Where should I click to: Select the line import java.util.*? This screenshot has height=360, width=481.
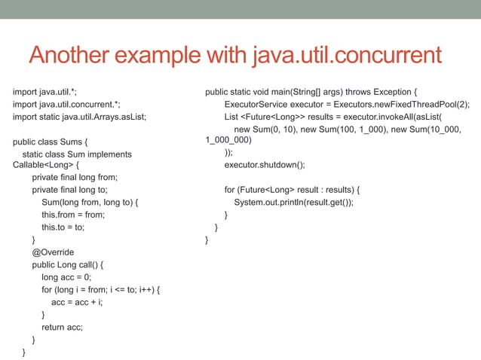pyautogui.click(x=45, y=93)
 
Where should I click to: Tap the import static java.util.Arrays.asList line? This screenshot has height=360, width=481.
pyautogui.click(x=79, y=117)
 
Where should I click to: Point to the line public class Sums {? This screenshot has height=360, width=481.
pyautogui.click(x=51, y=141)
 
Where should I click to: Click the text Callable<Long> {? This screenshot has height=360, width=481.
pyautogui.click(x=46, y=165)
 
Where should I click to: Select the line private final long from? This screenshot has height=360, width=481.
pyautogui.click(x=80, y=178)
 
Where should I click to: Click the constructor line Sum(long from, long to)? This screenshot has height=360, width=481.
pyautogui.click(x=90, y=203)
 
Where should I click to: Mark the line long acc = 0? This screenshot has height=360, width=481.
pyautogui.click(x=66, y=277)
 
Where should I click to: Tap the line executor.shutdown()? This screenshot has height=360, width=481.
pyautogui.click(x=265, y=164)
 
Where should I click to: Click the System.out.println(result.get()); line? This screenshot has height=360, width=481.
pyautogui.click(x=293, y=202)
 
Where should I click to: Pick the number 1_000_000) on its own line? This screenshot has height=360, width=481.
pyautogui.click(x=228, y=139)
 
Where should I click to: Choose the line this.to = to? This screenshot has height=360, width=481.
pyautogui.click(x=63, y=227)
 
